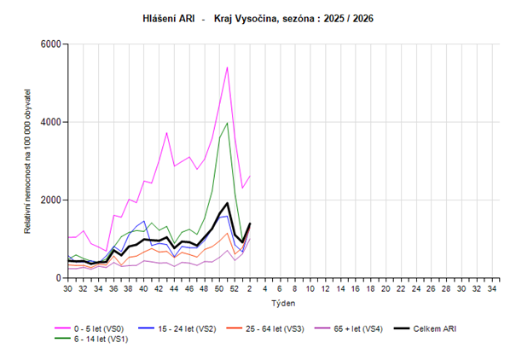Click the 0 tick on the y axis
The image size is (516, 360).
(57, 278)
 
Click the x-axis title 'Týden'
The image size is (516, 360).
(283, 303)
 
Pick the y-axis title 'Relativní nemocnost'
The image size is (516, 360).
(29, 162)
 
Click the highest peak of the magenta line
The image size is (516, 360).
(227, 67)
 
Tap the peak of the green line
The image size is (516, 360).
(227, 122)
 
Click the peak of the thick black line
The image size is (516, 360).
(227, 203)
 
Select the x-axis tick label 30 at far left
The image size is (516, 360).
(67, 288)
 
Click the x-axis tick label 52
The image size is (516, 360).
(235, 288)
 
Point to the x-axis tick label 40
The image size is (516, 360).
(143, 288)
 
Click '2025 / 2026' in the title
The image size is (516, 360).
(351, 17)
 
